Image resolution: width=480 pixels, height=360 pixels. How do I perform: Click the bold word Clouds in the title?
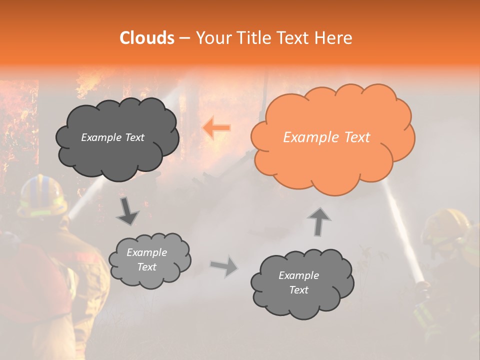147,38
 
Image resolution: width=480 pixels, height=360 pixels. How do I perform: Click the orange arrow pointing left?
216,127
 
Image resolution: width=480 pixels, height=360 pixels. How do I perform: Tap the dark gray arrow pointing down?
127,211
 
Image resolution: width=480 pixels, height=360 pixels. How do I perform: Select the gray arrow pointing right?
224,266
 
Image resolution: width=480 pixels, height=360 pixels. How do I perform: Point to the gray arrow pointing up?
319,221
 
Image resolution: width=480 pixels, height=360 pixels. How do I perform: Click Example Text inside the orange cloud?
326,137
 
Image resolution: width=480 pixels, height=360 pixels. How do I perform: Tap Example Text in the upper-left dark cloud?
112,137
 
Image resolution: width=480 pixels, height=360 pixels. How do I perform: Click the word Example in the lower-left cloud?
146,252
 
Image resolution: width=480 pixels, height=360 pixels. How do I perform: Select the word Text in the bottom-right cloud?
298,290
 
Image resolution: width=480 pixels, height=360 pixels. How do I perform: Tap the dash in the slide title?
184,38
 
